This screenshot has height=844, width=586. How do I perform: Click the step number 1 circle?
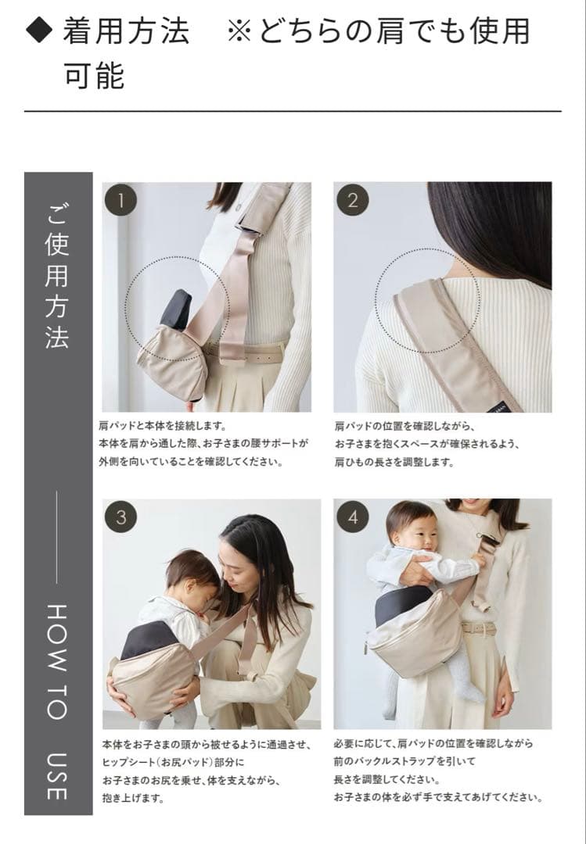coord(120,200)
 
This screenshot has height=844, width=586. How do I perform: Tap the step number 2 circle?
coord(353,200)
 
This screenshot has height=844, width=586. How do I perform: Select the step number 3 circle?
coord(120,517)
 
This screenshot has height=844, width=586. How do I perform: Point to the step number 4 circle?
coord(353,517)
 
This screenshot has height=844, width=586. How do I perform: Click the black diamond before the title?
coord(39,30)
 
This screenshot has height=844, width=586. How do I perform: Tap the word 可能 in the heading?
coord(95,75)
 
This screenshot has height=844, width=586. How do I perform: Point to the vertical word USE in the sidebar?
coord(57,776)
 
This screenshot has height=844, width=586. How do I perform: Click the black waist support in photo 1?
coord(176,309)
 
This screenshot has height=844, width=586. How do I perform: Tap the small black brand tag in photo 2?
coord(497,406)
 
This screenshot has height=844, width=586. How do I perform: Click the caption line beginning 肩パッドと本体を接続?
coord(162,426)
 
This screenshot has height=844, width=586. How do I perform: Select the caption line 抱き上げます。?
coord(133,798)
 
